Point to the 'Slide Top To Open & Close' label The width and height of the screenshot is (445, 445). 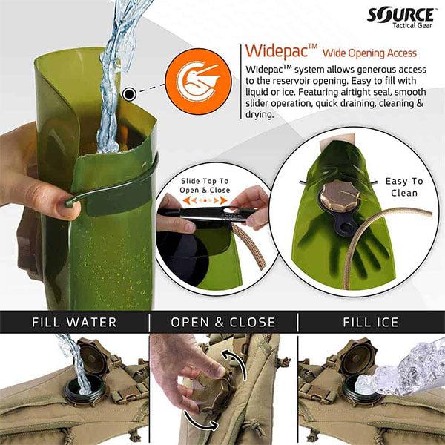(x=205, y=185)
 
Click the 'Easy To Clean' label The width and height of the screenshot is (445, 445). (x=403, y=187)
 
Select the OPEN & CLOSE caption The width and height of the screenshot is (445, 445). (x=223, y=323)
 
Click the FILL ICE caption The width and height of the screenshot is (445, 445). (x=371, y=323)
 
